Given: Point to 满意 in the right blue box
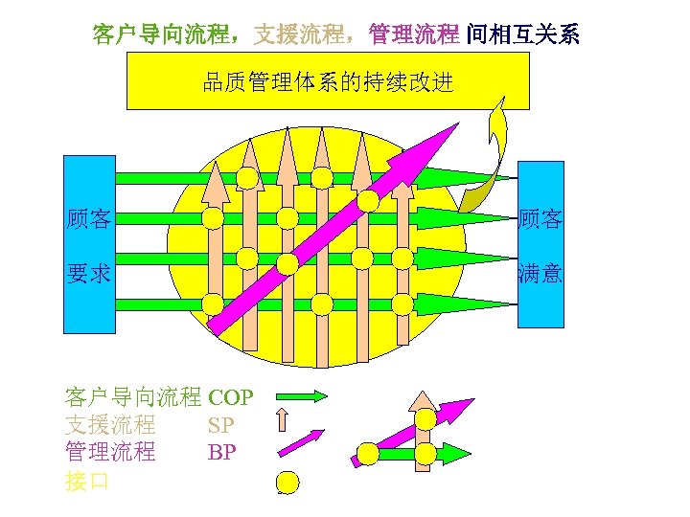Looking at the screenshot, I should click(x=540, y=275).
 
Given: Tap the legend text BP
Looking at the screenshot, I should click(x=220, y=452).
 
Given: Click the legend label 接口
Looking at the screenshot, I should click(x=86, y=481).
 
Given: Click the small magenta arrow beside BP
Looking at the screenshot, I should click(x=301, y=444).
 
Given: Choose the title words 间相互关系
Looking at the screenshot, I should click(x=522, y=35).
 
